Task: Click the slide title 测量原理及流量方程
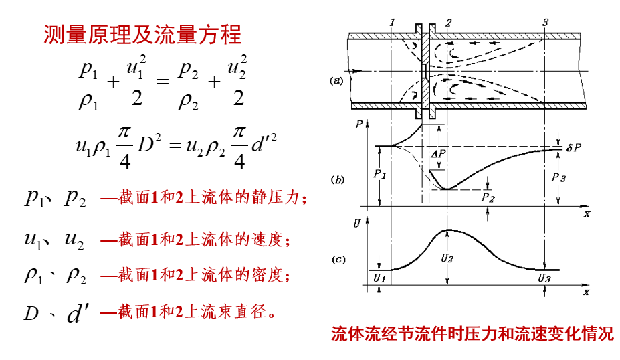tap(142, 33)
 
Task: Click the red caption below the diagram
tap(472, 334)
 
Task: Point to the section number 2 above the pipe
tap(447, 23)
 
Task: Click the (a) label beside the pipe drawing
tap(336, 80)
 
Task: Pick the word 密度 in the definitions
tap(272, 275)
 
